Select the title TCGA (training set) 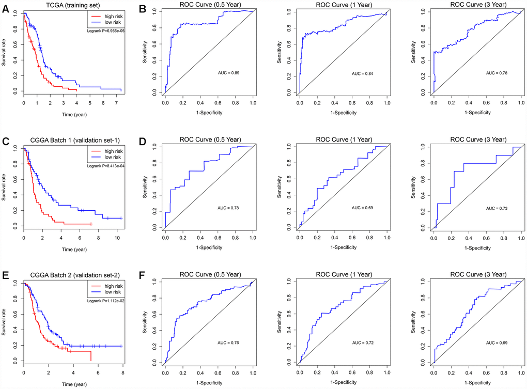(72, 5)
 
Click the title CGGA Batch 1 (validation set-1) (72, 142)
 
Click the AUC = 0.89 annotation (227, 73)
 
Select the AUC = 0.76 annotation (227, 342)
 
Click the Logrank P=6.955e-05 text (106, 32)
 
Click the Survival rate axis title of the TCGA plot (4, 52)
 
